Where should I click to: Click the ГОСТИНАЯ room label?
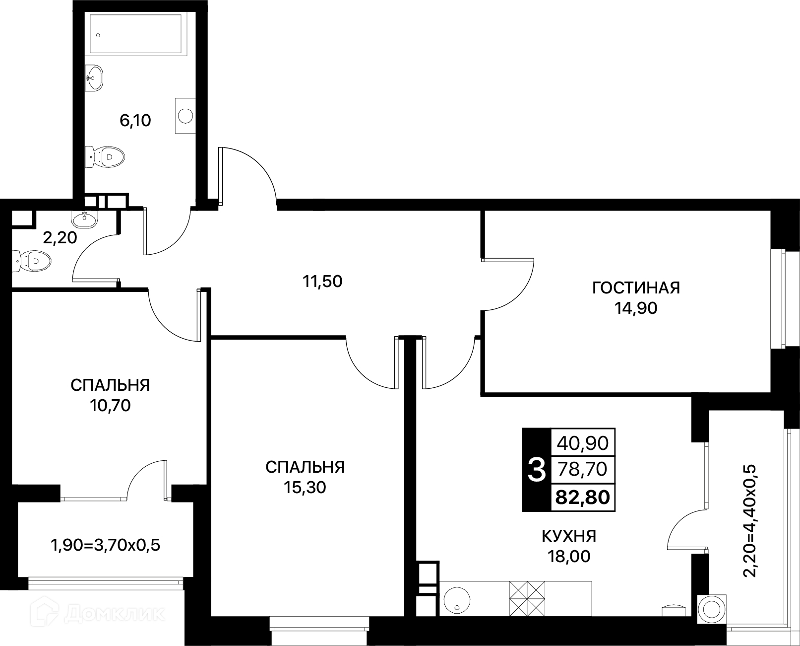[636, 288]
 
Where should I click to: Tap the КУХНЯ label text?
[569, 536]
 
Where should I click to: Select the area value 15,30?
[305, 488]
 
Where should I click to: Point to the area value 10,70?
[110, 406]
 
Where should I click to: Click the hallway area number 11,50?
[322, 282]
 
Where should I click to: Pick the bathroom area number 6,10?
[135, 121]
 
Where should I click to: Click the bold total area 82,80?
[583, 497]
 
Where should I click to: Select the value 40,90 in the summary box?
[583, 443]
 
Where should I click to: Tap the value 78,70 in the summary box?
[583, 469]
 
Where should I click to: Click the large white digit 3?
[537, 470]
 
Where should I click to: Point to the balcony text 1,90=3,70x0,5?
[105, 546]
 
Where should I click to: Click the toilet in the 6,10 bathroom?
[105, 157]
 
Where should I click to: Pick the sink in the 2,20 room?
[85, 219]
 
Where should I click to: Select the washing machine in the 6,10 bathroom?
[185, 116]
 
